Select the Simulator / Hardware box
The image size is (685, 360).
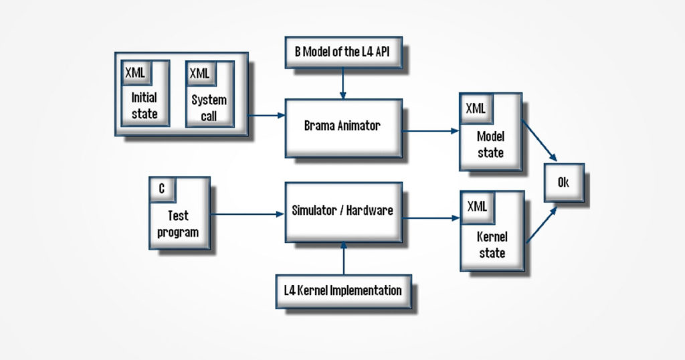[x=343, y=211]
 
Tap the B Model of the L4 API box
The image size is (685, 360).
[x=342, y=52]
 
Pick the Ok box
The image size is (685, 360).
[x=563, y=182]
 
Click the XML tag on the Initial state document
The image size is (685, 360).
[x=136, y=72]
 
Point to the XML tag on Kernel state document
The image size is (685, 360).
[x=476, y=206]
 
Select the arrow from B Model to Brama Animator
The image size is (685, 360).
[x=343, y=83]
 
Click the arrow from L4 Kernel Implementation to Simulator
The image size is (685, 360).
[x=343, y=258]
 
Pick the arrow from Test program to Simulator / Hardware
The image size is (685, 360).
[x=248, y=214]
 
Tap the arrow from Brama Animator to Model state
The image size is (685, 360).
[x=431, y=131]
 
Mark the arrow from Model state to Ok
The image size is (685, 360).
[x=539, y=141]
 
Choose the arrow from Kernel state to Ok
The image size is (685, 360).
[x=542, y=224]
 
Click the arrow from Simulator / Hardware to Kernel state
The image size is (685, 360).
[x=431, y=217]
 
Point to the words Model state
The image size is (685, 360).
[x=490, y=145]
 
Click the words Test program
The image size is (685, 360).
[x=178, y=224]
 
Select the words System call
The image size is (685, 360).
[x=209, y=108]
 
